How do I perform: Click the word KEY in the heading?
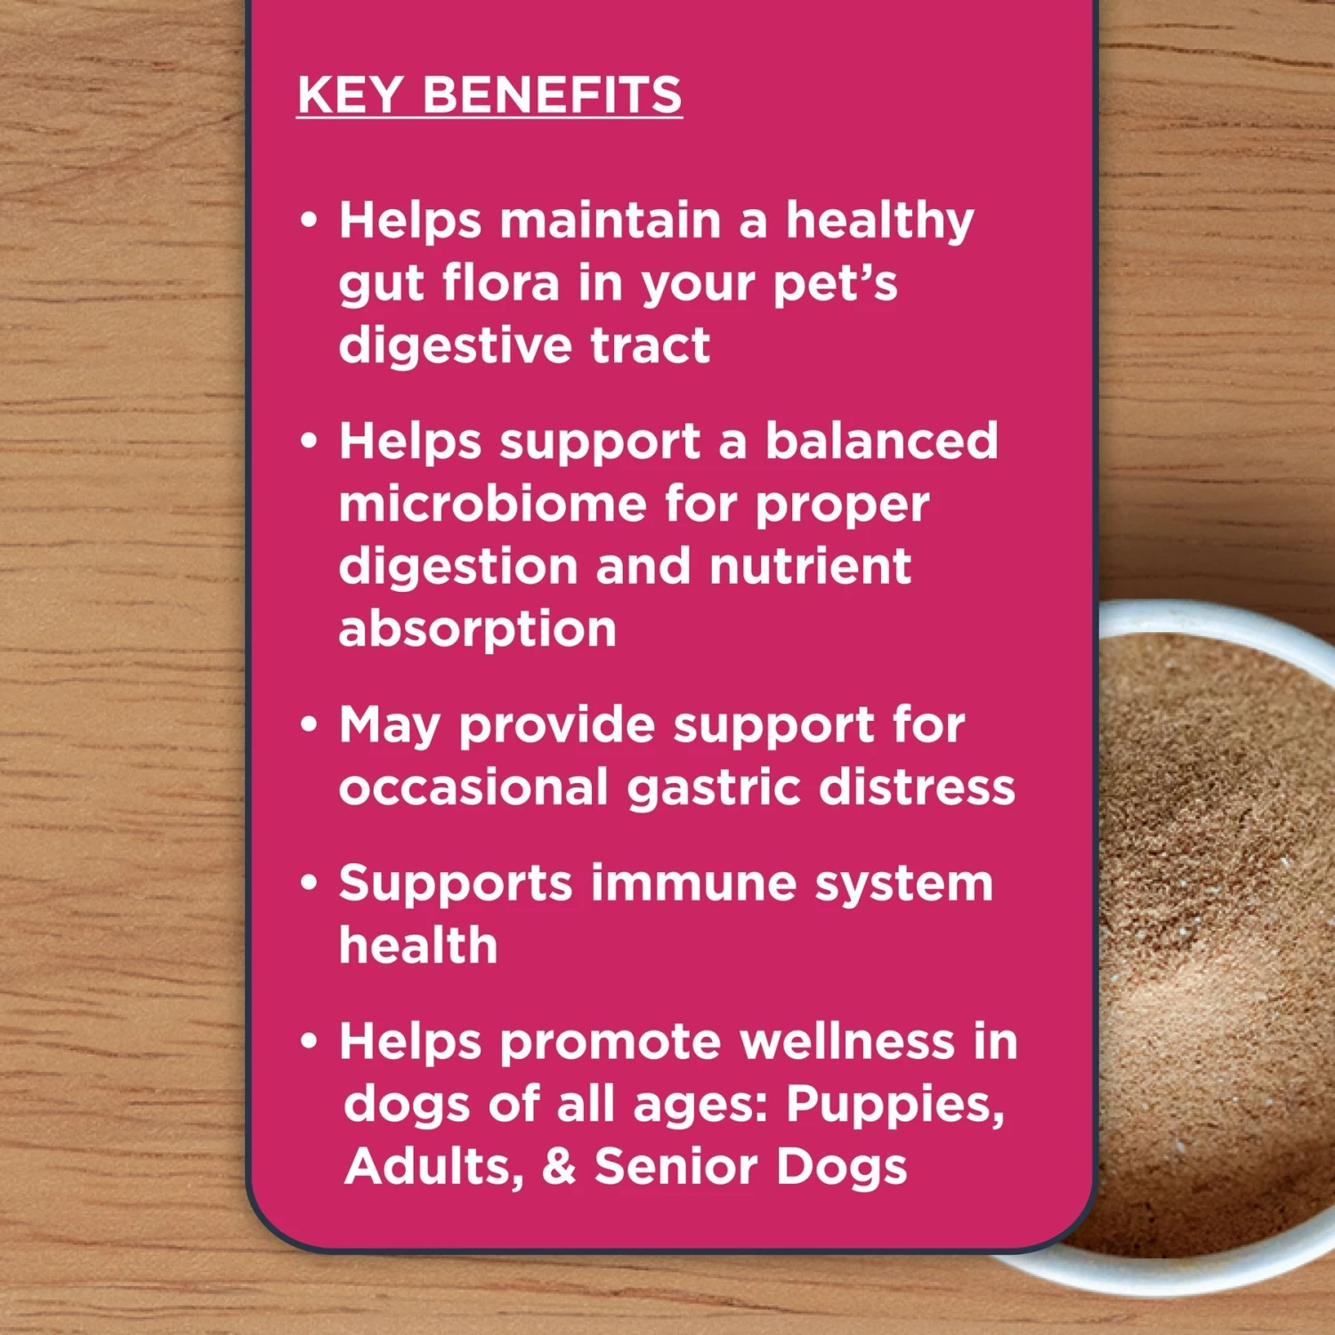(351, 95)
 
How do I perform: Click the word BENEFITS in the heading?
(552, 95)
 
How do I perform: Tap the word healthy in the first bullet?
(879, 222)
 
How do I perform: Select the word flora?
(501, 283)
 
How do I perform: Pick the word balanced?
(881, 441)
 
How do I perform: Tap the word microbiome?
(492, 504)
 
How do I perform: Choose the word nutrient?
(810, 566)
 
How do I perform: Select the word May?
(389, 726)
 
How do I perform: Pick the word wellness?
(846, 1041)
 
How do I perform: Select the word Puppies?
(894, 1105)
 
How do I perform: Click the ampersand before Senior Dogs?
(559, 1167)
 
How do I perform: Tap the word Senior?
(676, 1167)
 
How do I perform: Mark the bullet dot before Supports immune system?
(309, 883)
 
